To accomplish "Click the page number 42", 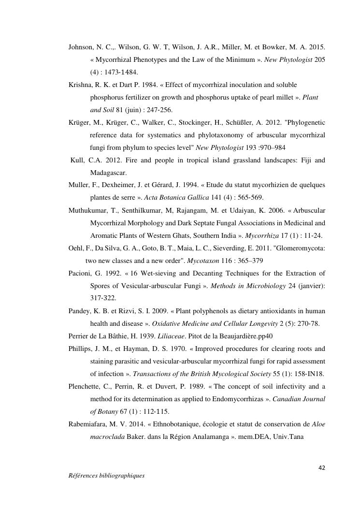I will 321,467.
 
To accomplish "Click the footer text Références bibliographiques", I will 106,476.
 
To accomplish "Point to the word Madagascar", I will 108,173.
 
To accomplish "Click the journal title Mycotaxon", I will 202,261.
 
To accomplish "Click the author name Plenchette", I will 85,386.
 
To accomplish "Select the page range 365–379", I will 250,261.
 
